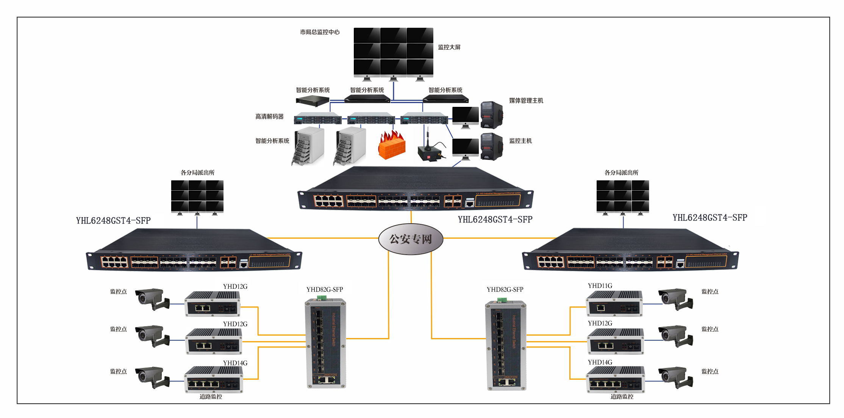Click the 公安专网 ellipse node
pyautogui.click(x=411, y=239)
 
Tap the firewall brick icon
pyautogui.click(x=392, y=145)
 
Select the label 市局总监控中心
pyautogui.click(x=320, y=32)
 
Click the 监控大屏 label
pyautogui.click(x=449, y=47)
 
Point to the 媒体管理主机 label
pyautogui.click(x=526, y=100)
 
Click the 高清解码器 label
pyautogui.click(x=269, y=117)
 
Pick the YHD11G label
pyautogui.click(x=600, y=286)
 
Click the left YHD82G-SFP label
pyautogui.click(x=325, y=290)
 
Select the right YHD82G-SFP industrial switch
pyautogui.click(x=506, y=345)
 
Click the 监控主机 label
pyautogui.click(x=520, y=141)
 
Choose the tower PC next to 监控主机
pyautogui.click(x=492, y=147)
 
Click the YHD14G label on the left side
pyautogui.click(x=235, y=363)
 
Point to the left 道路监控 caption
pyautogui.click(x=211, y=397)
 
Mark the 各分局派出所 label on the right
pyautogui.click(x=621, y=173)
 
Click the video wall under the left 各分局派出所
pyautogui.click(x=197, y=196)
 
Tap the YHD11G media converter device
pyautogui.click(x=614, y=304)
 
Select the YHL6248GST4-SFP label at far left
pyautogui.click(x=113, y=221)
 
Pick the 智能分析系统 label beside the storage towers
pyautogui.click(x=272, y=141)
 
